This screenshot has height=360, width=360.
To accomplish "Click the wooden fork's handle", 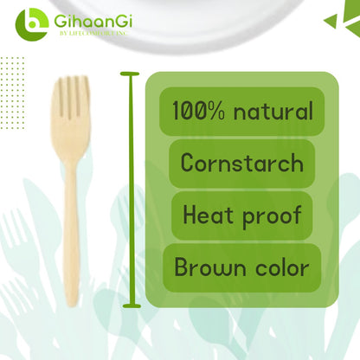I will pyautogui.click(x=70, y=225).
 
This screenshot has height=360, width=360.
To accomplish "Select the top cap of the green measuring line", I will pyautogui.click(x=132, y=75).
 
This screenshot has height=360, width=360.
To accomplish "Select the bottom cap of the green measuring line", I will pyautogui.click(x=132, y=305).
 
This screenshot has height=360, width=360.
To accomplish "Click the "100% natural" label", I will pyautogui.click(x=241, y=111).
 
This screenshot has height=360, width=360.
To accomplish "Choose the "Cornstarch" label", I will pyautogui.click(x=241, y=163).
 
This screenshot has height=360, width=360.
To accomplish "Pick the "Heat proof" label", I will pyautogui.click(x=241, y=215).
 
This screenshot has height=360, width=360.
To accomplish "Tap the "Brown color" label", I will pyautogui.click(x=241, y=267).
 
